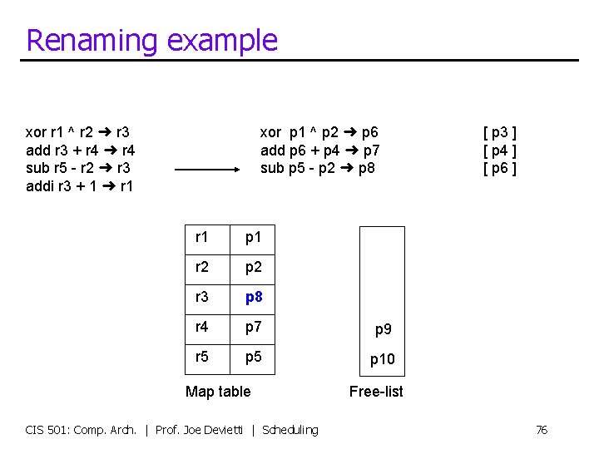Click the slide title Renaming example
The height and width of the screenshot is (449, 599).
(x=151, y=40)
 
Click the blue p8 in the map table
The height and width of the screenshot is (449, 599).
(x=254, y=297)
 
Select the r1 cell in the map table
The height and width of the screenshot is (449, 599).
(x=202, y=238)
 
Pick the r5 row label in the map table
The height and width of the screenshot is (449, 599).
(x=202, y=356)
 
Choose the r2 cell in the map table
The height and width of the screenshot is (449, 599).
(x=202, y=267)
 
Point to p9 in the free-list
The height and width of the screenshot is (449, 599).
(x=383, y=329)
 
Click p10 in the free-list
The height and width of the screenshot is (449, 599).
(x=383, y=359)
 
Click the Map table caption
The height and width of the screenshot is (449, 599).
(x=218, y=392)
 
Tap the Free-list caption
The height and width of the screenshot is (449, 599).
(x=376, y=392)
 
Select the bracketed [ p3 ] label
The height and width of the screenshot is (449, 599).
(x=500, y=132)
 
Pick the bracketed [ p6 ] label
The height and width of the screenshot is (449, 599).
(x=500, y=168)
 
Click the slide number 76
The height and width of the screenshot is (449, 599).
(x=541, y=430)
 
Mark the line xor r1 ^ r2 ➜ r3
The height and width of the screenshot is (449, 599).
(x=77, y=132)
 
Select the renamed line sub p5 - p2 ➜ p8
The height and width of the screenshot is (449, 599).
(x=318, y=168)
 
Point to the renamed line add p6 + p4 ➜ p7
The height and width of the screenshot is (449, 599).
(x=320, y=150)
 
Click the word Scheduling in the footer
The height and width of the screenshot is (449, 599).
(x=290, y=430)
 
